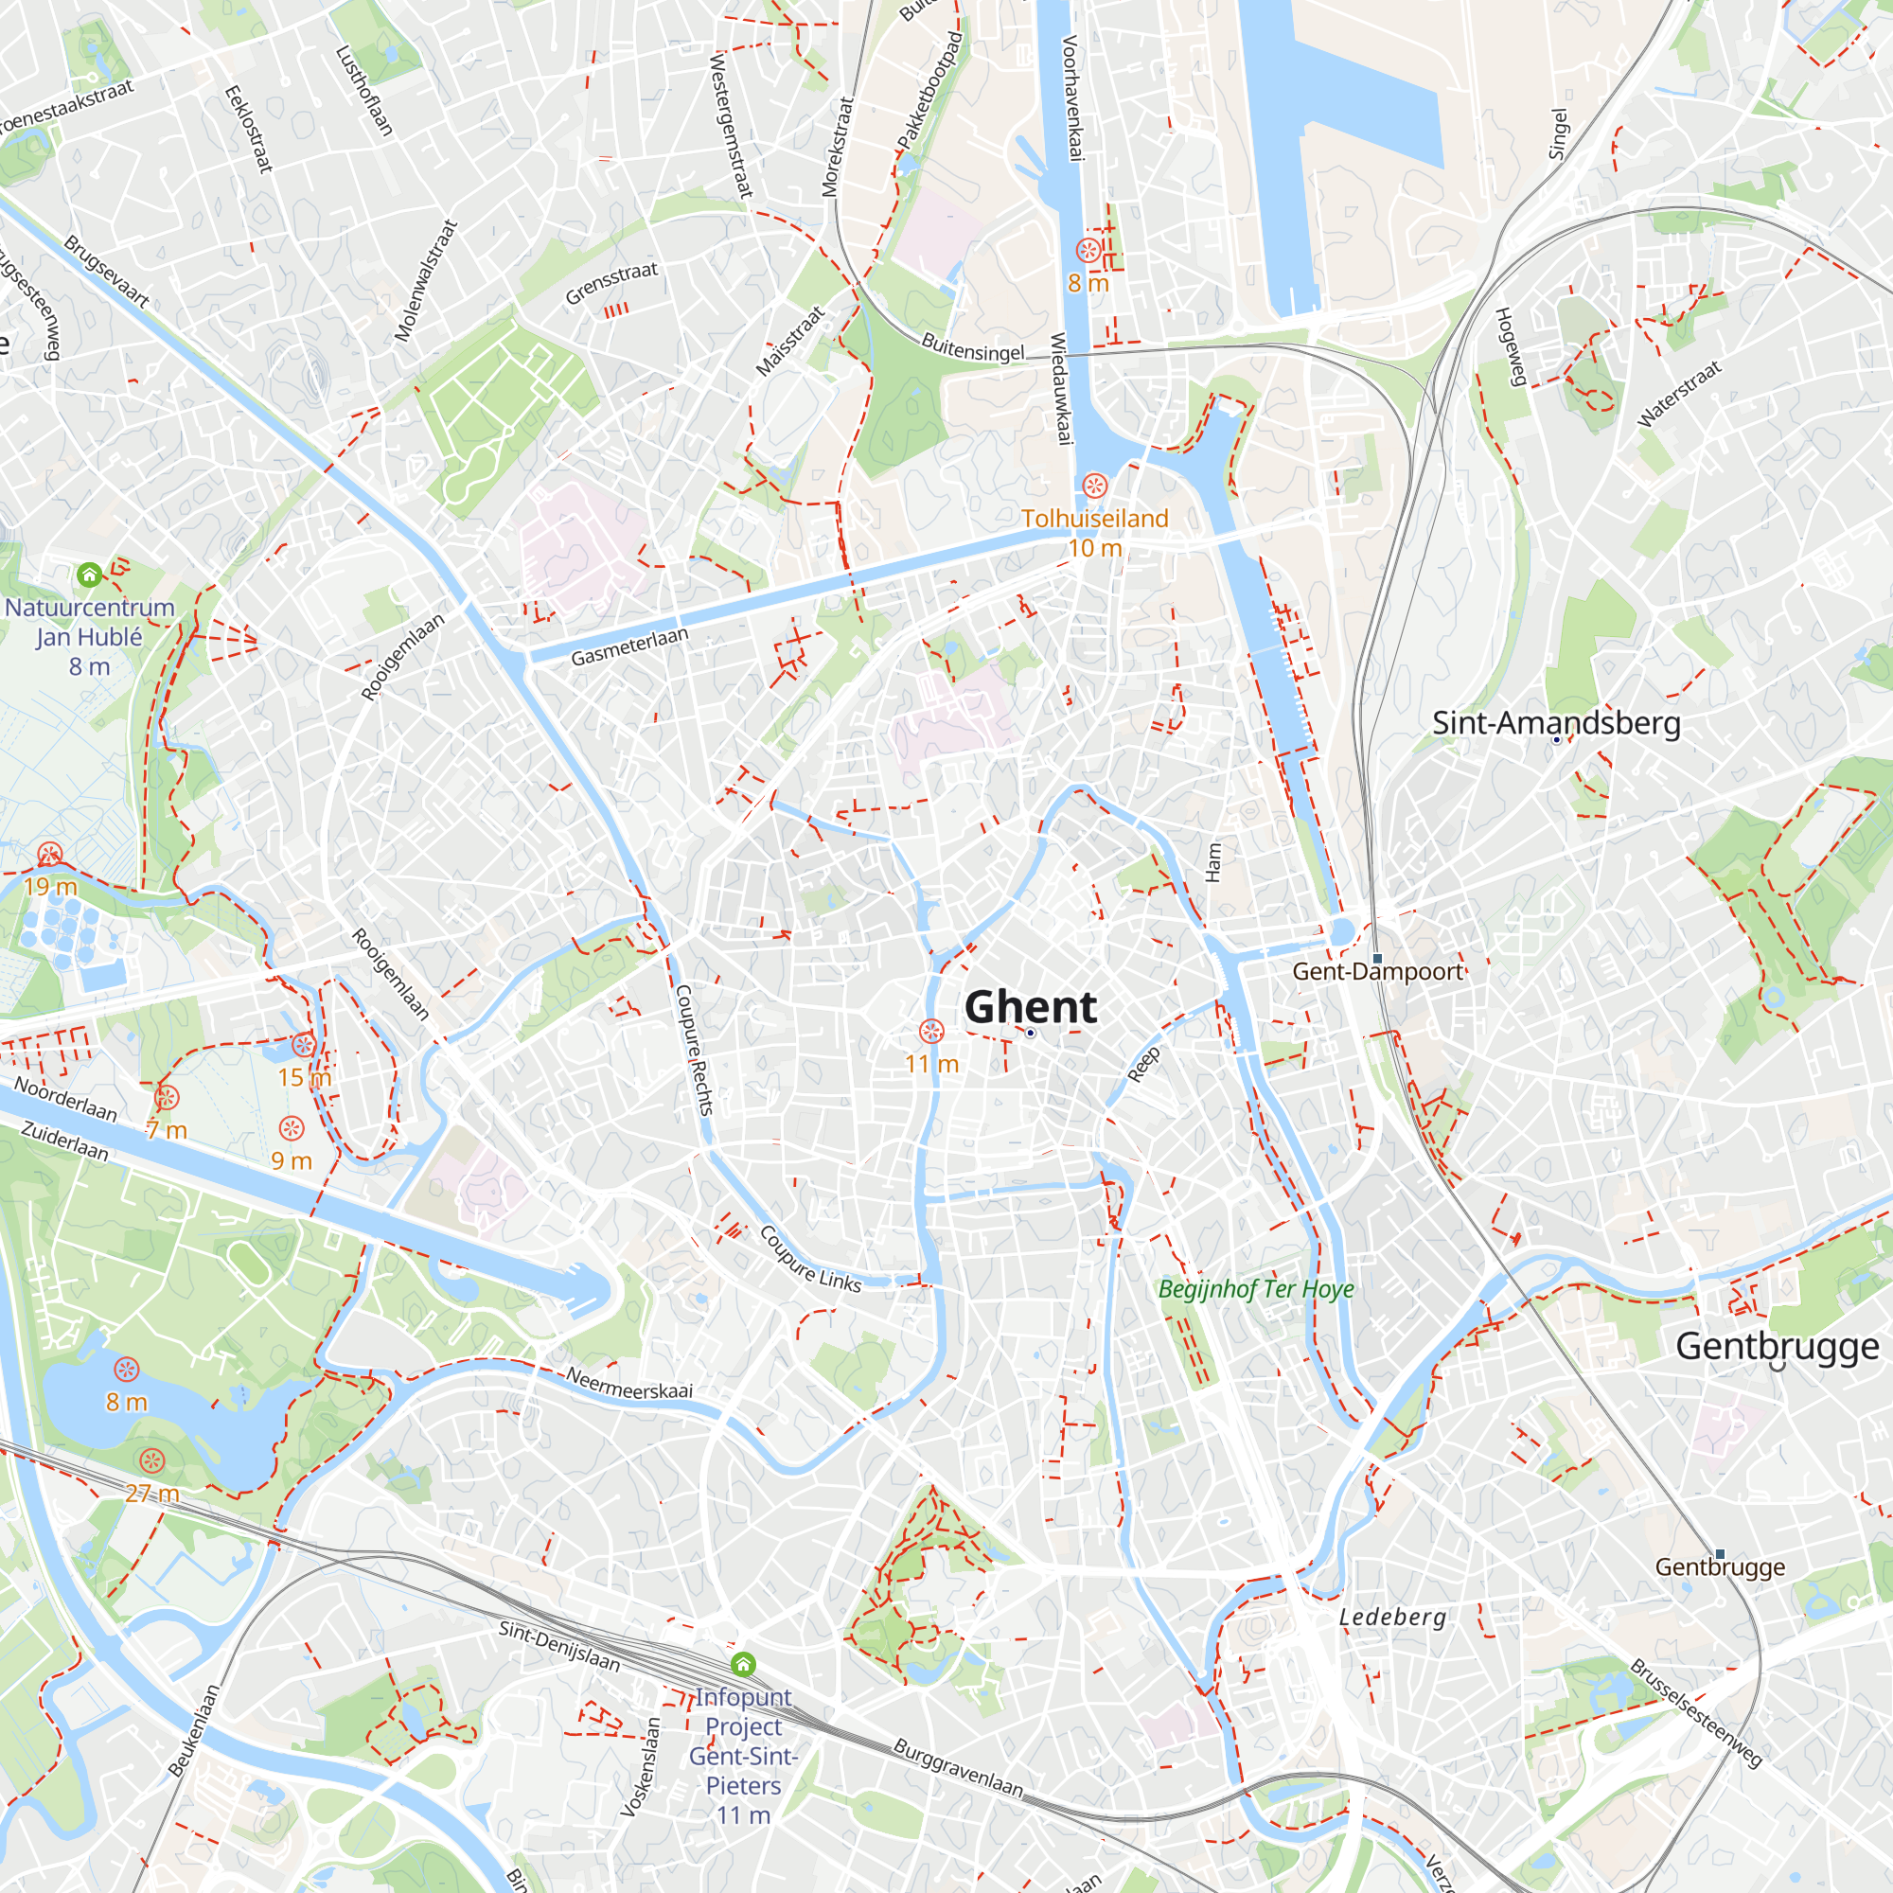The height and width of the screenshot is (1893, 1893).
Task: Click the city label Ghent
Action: pos(1030,1007)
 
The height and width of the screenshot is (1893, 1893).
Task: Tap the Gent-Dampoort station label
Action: pos(1376,972)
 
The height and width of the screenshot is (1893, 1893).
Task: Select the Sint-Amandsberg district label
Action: pos(1556,723)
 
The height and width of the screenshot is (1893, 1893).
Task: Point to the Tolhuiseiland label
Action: pos(1094,519)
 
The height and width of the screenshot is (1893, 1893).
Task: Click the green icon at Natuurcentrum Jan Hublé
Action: pos(89,575)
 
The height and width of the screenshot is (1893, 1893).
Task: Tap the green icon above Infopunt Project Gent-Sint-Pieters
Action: pos(743,1665)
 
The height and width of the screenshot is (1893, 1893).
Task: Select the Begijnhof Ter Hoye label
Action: pos(1255,1289)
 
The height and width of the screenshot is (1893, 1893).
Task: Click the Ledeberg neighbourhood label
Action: pos(1392,1617)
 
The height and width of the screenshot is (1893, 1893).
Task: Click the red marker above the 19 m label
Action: pos(50,855)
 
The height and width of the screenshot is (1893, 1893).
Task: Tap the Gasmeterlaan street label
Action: pos(630,646)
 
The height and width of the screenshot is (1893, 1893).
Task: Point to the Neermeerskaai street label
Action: pos(629,1383)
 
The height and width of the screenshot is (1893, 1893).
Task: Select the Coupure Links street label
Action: pos(810,1259)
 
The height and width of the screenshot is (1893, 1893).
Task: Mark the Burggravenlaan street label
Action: pos(957,1767)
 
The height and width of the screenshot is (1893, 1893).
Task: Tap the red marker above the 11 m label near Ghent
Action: pos(930,1032)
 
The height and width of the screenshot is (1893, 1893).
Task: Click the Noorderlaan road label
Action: pos(65,1098)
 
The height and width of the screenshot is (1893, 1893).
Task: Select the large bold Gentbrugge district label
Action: pos(1777,1346)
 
